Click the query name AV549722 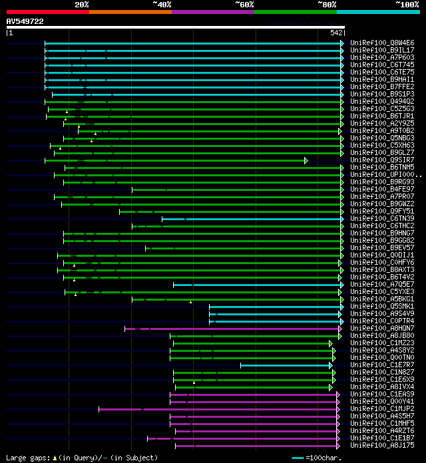(x=25, y=21)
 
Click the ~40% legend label (x=162, y=5)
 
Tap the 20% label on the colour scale (x=82, y=5)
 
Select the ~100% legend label (x=407, y=5)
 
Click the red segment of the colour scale (x=47, y=11)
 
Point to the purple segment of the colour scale (x=212, y=11)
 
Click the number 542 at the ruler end (x=336, y=32)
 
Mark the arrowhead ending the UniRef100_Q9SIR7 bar (x=306, y=160)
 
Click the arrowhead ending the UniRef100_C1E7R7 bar (x=330, y=365)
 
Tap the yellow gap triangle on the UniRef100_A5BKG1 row (x=190, y=301)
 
